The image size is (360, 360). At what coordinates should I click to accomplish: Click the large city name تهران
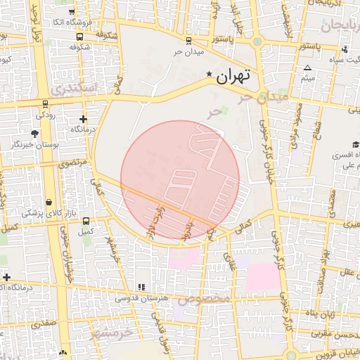[233, 77]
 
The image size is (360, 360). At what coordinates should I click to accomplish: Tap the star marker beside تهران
[208, 74]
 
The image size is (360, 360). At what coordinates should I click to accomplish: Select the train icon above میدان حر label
[188, 40]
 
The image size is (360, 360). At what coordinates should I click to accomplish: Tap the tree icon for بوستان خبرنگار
[34, 133]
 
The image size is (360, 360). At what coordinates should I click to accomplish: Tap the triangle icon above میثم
[307, 67]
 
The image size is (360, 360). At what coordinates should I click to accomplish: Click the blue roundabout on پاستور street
[257, 41]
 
